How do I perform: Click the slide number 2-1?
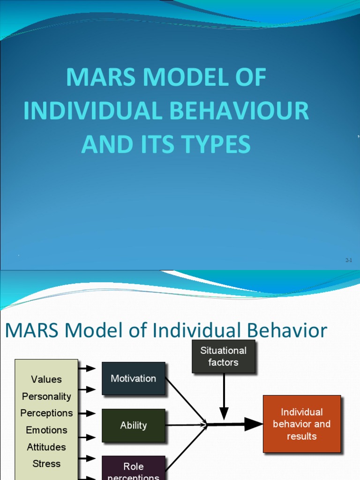click(348, 260)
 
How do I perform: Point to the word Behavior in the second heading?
click(287, 331)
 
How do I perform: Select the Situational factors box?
click(224, 357)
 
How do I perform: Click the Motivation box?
click(134, 378)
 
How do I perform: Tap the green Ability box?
click(134, 425)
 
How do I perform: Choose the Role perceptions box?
click(134, 469)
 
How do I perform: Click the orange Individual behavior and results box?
click(302, 424)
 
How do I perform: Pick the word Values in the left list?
click(46, 379)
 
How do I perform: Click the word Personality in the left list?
click(46, 396)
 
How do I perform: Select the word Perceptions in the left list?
click(46, 413)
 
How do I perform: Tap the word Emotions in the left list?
click(46, 430)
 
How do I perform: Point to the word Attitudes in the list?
click(46, 447)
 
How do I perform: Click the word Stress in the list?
click(46, 464)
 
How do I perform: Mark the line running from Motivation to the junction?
click(186, 401)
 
